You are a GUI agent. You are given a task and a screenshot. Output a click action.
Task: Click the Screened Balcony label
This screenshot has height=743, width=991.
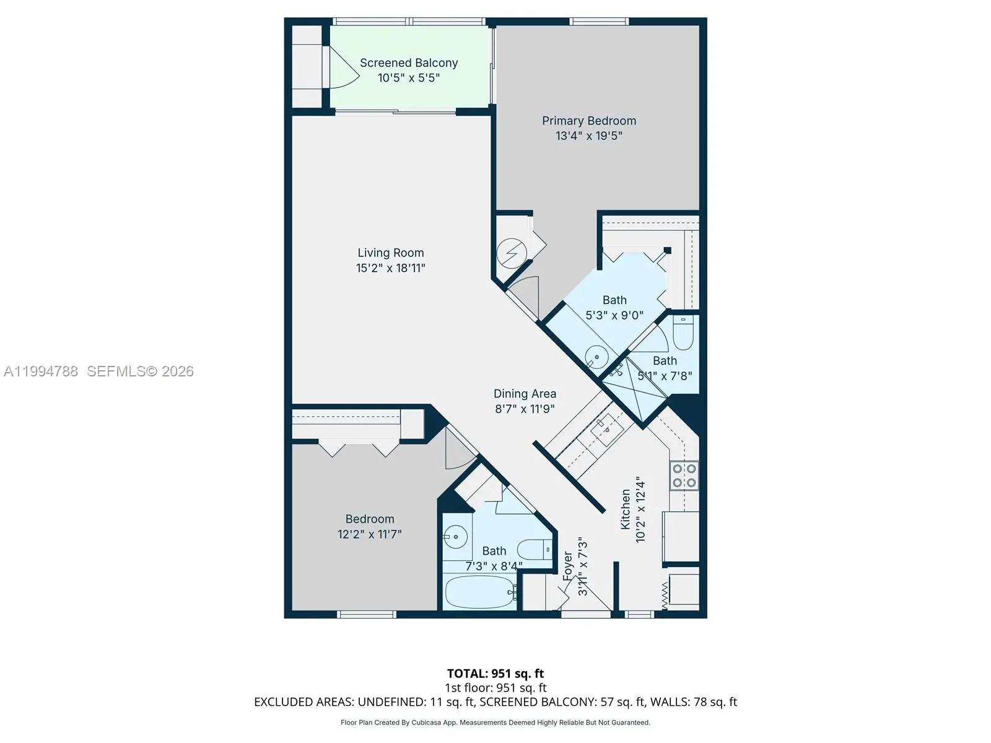pos(409,63)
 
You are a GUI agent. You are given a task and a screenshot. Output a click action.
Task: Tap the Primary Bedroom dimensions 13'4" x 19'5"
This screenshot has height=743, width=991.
pos(589,136)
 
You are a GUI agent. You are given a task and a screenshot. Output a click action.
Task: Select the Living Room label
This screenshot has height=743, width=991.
pos(391,253)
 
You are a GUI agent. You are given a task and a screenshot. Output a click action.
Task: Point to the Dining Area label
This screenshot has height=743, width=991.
pos(525,394)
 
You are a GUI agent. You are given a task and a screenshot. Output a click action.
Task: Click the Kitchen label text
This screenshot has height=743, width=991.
pos(626,510)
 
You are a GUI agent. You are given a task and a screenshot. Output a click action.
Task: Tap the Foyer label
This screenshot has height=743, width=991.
pos(567,566)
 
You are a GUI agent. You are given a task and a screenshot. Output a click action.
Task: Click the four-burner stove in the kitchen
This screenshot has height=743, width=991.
pos(684,476)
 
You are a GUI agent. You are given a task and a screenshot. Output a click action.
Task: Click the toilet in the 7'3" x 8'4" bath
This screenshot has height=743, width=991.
pos(535,550)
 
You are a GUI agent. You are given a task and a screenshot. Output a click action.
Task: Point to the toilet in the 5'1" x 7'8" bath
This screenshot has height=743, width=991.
pos(683,333)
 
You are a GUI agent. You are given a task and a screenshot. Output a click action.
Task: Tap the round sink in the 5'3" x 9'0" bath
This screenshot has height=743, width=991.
pos(596,357)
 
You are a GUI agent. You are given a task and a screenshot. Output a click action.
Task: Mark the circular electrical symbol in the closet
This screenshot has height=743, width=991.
pos(512,253)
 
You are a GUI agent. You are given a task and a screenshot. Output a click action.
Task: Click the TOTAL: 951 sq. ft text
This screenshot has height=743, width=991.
pos(495,674)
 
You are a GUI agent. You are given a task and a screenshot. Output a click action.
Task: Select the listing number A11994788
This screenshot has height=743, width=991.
pos(41,371)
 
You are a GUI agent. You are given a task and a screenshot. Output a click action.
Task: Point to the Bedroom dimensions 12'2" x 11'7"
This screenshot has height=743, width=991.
pos(369,534)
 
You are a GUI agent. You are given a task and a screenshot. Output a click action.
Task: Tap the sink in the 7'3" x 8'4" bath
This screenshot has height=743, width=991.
pos(456,537)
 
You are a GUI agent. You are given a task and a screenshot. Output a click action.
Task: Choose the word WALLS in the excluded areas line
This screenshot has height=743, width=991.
pos(670,702)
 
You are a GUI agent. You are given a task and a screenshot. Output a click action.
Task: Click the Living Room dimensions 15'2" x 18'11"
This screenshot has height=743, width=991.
pos(391,268)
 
